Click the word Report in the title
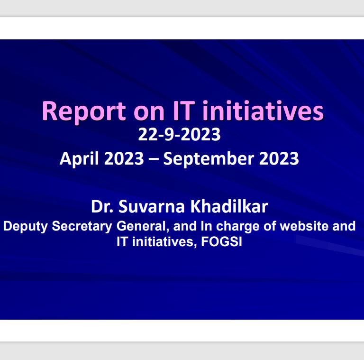(x=84, y=112)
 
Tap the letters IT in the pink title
(x=183, y=111)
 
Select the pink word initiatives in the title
(x=263, y=111)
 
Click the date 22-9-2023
(x=179, y=135)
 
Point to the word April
(x=79, y=159)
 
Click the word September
(x=209, y=159)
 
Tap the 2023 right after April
(x=124, y=158)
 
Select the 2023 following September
(x=279, y=158)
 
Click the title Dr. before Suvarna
(x=102, y=206)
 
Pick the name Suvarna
(x=152, y=206)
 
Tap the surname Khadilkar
(x=229, y=206)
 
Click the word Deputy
(x=26, y=227)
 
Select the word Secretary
(x=82, y=227)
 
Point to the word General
(x=143, y=226)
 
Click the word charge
(x=238, y=227)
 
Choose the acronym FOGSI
(x=221, y=241)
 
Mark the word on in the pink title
(x=149, y=113)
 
